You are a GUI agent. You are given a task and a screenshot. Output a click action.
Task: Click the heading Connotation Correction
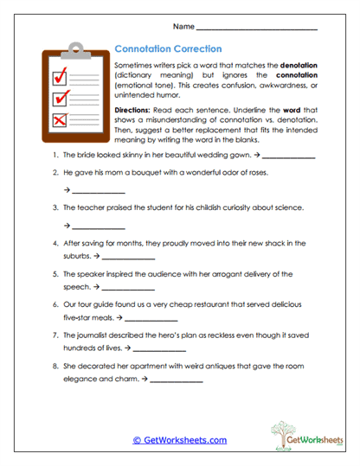click(x=169, y=49)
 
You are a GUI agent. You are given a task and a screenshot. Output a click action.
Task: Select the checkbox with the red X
click(x=60, y=119)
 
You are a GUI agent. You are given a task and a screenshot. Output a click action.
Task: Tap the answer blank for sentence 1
click(x=288, y=156)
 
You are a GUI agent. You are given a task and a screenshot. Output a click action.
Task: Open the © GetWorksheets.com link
click(x=180, y=440)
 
